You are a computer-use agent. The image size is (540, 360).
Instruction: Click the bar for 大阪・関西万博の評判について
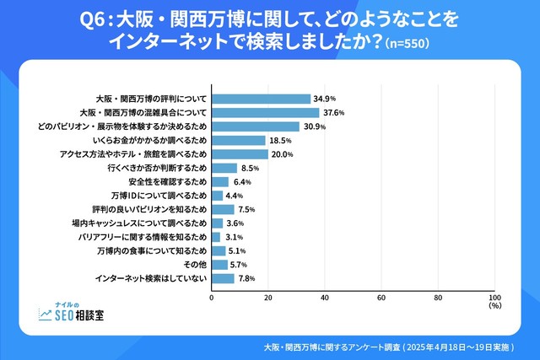(261, 99)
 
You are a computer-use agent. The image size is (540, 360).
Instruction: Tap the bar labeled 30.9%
(255, 126)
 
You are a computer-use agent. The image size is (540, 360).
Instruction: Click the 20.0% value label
(281, 154)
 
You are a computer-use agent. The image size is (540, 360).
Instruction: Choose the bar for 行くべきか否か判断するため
(224, 168)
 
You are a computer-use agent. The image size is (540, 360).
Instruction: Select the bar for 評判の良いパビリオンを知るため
(222, 209)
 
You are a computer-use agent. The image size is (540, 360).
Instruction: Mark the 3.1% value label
(233, 237)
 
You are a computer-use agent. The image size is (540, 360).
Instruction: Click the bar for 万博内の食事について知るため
(219, 250)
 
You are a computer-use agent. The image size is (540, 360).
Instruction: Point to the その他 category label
(193, 265)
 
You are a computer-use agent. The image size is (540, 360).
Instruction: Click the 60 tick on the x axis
(381, 297)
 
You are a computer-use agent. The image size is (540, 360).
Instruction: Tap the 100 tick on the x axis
(494, 297)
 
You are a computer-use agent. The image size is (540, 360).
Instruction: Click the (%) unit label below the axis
(495, 307)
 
